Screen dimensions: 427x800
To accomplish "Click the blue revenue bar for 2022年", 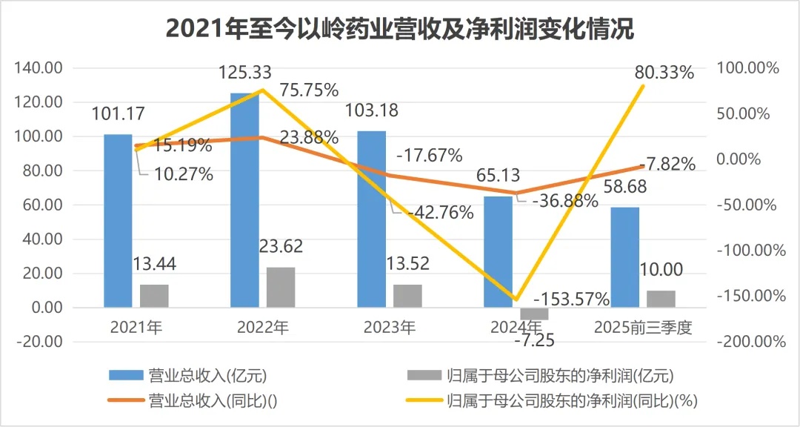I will [245, 200].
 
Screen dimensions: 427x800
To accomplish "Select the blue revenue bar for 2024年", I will [498, 251].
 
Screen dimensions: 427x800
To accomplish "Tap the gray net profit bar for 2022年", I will [281, 287].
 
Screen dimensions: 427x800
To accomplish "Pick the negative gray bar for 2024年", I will [534, 314].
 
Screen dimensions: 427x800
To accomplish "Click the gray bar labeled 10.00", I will [661, 299].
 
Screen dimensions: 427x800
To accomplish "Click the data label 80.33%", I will [664, 73].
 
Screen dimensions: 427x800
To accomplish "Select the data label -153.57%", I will [571, 299].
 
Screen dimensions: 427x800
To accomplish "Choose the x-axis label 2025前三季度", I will [643, 327].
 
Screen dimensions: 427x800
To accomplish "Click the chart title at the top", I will [400, 30].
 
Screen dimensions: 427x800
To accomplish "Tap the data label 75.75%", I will [310, 90].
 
